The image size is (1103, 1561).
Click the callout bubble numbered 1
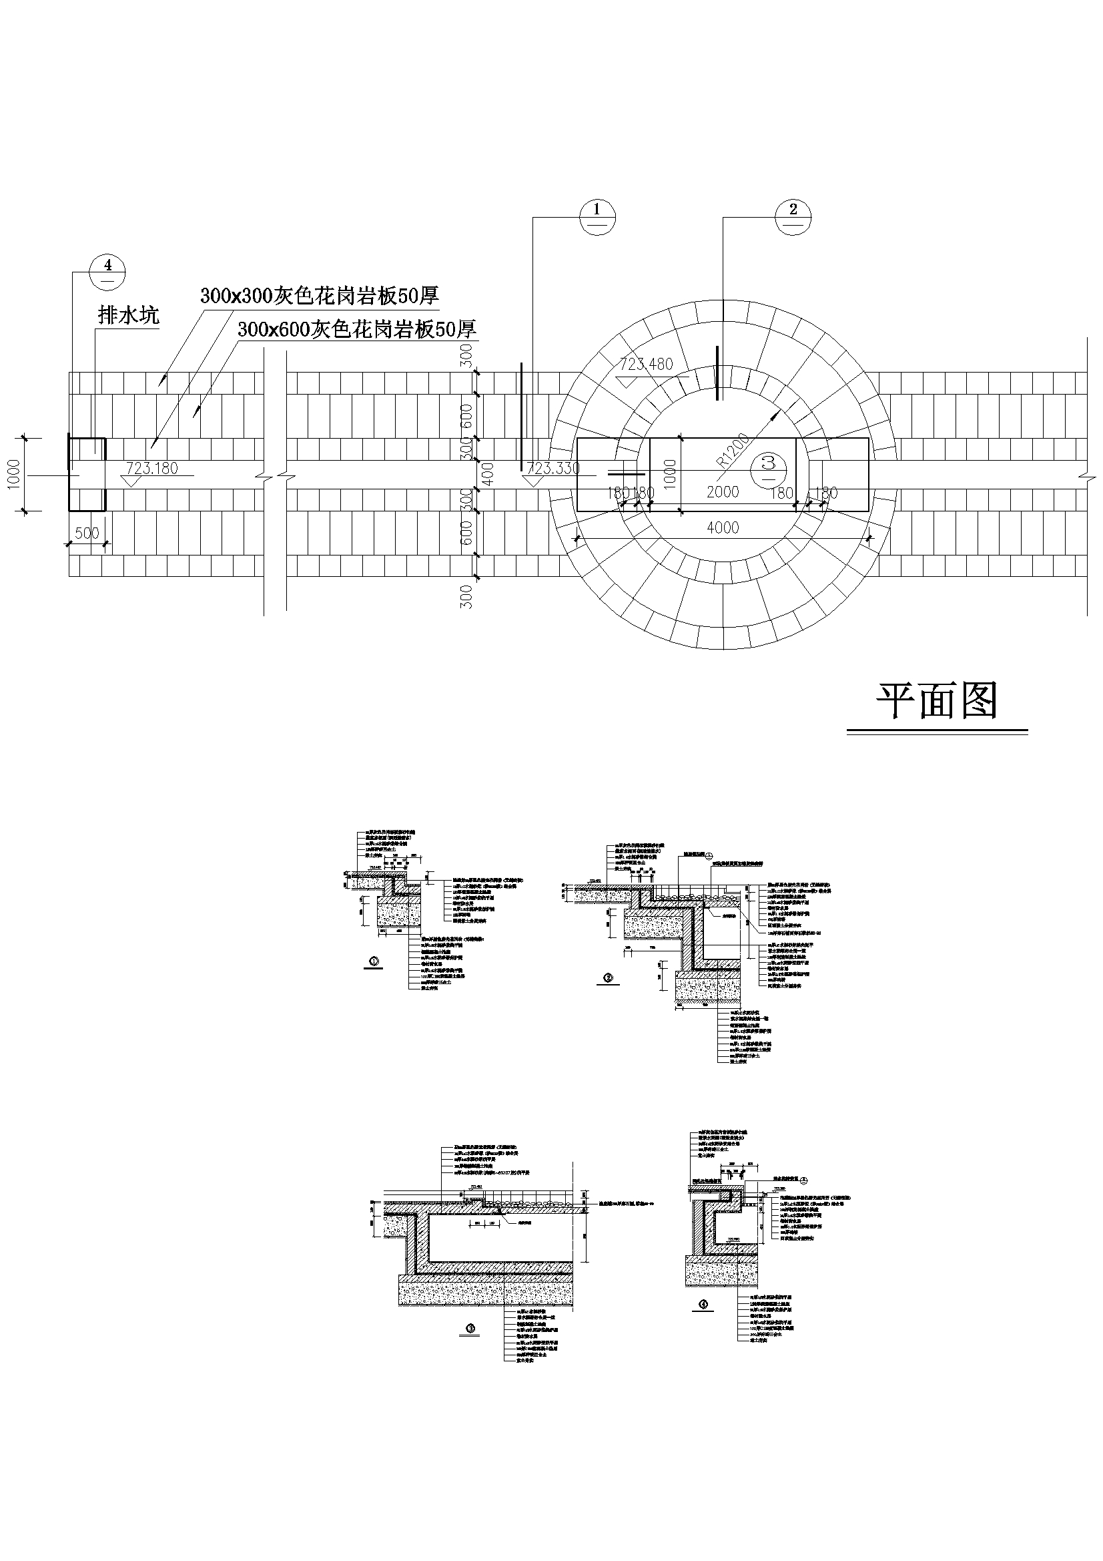coord(597,217)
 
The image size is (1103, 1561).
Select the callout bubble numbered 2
coord(793,217)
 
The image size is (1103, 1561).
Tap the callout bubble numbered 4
coord(108,272)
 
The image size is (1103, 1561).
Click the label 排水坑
coord(128,315)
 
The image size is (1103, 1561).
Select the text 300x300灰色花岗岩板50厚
coord(320,296)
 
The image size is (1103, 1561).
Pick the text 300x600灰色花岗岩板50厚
coord(357,330)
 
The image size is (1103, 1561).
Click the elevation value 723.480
coord(647,364)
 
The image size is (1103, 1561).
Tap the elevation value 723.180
coord(152,468)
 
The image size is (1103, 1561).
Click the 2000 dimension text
coord(723,491)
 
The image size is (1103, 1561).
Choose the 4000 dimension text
coord(723,527)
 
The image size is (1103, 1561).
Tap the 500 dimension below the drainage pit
coord(87,533)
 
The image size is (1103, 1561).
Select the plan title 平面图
coord(936,701)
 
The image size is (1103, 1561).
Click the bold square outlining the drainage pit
coord(87,474)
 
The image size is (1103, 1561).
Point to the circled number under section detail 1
coord(373,961)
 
